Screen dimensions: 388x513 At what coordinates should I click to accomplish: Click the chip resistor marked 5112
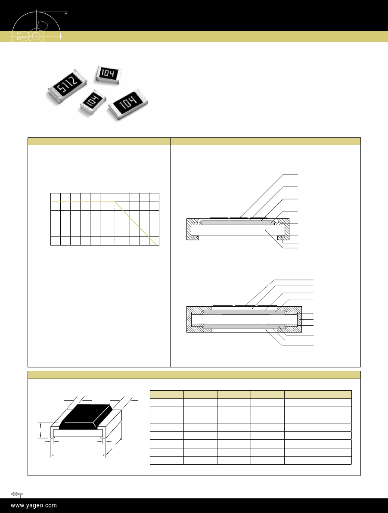tap(67, 86)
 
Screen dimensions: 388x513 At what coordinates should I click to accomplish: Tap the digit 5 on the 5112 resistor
tap(61, 89)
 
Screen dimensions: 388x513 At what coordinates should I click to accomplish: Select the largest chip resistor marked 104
tap(128, 104)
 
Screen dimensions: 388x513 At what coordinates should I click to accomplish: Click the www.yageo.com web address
tap(34, 506)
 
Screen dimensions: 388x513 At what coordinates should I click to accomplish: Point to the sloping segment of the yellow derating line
tap(136, 223)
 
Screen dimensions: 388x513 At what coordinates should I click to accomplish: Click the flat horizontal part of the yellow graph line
tap(83, 202)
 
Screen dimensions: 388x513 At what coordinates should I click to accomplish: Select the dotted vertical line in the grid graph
tap(115, 224)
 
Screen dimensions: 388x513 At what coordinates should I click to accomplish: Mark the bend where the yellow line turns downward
tap(115, 202)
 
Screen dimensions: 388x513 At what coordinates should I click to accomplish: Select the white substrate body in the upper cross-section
tap(237, 230)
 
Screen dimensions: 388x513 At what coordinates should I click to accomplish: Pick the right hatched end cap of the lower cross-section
tap(293, 319)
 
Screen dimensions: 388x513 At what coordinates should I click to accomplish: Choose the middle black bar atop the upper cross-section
tap(239, 218)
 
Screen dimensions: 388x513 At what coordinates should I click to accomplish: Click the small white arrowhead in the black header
tap(66, 13)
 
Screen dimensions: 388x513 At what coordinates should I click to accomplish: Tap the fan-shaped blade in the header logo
tap(43, 27)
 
